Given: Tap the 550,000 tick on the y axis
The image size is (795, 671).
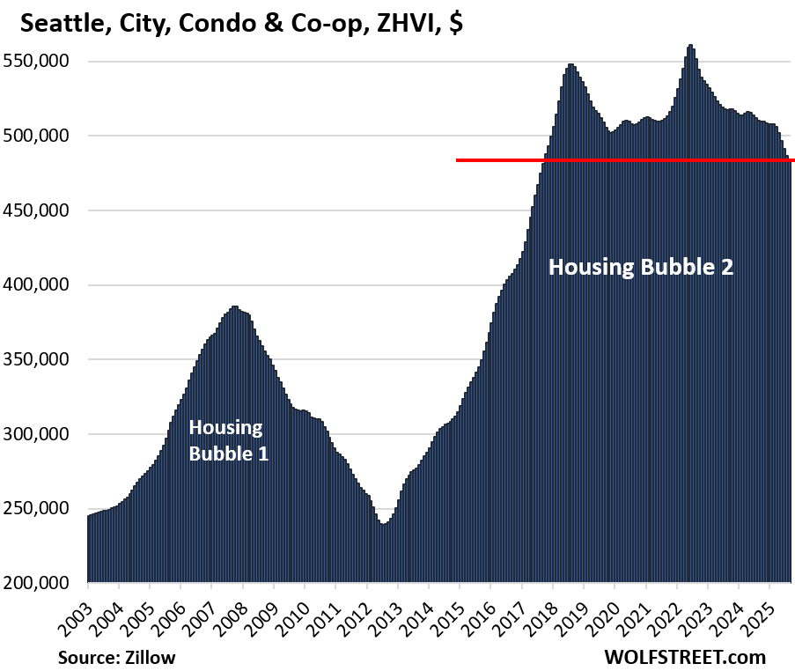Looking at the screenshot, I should click(x=45, y=62).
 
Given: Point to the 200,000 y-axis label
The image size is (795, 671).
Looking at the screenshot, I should click(x=45, y=583).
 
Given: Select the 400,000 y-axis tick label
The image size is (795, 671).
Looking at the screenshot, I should click(x=45, y=285).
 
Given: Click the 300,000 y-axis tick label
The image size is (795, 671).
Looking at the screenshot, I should click(x=45, y=434).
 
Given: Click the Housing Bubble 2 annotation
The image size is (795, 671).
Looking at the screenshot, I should click(x=641, y=267).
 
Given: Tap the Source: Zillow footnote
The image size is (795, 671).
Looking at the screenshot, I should click(x=116, y=657).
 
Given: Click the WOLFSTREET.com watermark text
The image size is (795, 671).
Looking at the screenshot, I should click(x=685, y=657).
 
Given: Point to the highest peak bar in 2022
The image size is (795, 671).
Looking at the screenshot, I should click(x=690, y=47).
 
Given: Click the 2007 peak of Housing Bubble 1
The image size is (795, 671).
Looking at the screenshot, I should click(x=234, y=308).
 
